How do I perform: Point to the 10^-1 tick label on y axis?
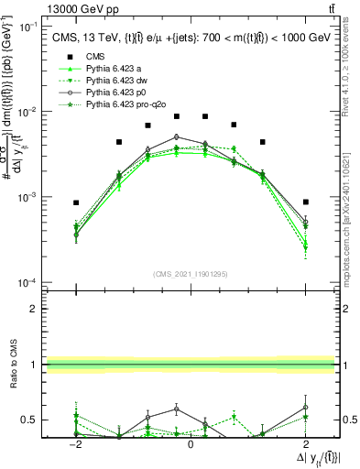[x=27, y=27]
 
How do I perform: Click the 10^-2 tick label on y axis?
[x=27, y=112]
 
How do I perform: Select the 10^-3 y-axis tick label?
[x=27, y=197]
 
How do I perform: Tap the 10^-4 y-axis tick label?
[x=27, y=282]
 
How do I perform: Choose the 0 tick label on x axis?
[x=191, y=443]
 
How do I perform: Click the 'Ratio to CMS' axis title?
[x=12, y=376]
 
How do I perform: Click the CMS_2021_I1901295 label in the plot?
[x=190, y=273]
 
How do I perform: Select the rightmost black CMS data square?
[x=306, y=202]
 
